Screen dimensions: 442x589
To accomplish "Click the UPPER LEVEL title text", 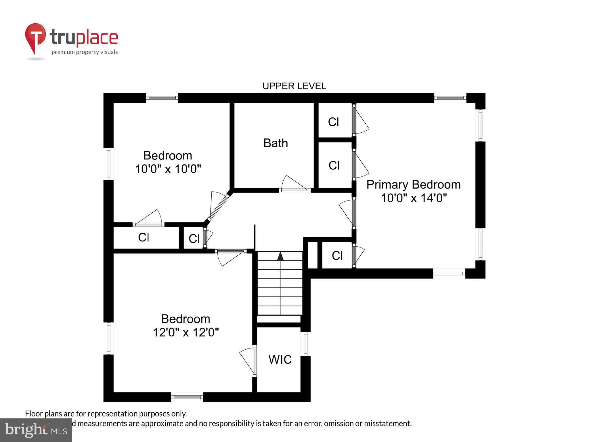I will coord(294,86).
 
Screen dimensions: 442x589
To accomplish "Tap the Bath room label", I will coord(276,143).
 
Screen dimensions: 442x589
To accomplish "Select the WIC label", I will coord(280,359).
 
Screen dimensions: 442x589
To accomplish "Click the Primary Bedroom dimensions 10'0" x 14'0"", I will coord(414,198).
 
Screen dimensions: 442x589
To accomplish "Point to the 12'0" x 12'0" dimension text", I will coord(186,332).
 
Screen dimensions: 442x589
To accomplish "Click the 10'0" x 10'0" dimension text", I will coord(168,169).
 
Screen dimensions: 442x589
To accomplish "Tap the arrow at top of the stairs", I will coord(280,256).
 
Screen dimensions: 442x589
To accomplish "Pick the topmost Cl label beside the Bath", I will coord(333,122).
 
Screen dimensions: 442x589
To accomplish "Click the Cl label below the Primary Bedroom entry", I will coord(337,256).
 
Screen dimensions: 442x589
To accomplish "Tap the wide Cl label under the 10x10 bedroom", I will coord(144,237).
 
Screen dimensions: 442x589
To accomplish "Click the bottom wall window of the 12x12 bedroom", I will coord(187,397).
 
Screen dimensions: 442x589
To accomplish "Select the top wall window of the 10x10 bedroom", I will coord(162,98).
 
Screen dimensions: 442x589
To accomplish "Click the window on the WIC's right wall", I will coord(305,344).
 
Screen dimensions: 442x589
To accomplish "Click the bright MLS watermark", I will coord(36,430).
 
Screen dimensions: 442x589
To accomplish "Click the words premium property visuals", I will coord(85,52).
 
